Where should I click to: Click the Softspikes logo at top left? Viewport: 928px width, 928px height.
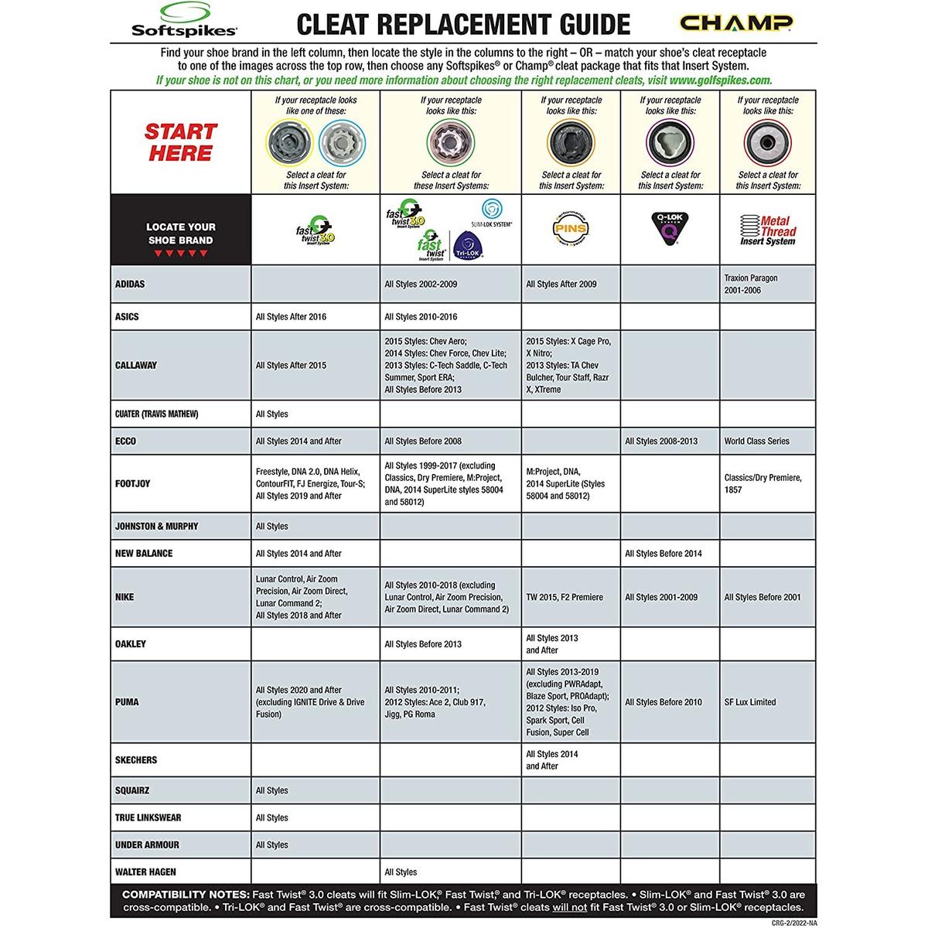(183, 21)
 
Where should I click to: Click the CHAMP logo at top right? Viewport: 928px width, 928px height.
(735, 22)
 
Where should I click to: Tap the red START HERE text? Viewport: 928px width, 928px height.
(180, 142)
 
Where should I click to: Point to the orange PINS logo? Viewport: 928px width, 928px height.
(570, 228)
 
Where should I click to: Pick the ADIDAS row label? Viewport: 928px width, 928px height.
(130, 284)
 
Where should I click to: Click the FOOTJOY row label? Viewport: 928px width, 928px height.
(132, 483)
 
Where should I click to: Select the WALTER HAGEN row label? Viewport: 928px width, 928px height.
(145, 872)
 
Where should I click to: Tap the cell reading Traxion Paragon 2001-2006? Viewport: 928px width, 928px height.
(751, 284)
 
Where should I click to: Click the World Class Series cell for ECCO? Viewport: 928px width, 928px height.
(756, 441)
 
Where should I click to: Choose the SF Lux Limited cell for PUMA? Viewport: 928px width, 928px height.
(749, 702)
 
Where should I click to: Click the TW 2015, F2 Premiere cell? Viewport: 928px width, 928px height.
(565, 597)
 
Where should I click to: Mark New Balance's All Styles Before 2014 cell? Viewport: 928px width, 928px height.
(664, 553)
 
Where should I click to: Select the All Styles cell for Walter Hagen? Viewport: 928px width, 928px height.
(401, 872)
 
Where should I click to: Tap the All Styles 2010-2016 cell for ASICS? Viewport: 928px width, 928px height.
(422, 316)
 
